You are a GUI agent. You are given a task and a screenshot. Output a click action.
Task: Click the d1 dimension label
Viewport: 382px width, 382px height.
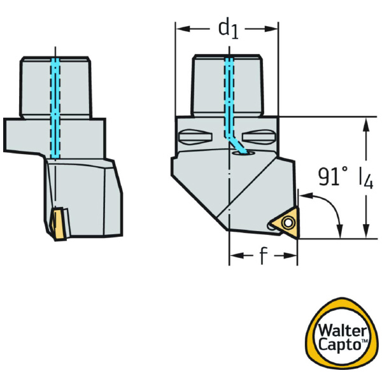228,29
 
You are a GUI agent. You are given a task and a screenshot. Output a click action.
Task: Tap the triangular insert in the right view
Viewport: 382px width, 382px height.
285,223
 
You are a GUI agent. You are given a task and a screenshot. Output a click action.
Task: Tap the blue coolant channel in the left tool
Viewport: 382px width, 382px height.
55,108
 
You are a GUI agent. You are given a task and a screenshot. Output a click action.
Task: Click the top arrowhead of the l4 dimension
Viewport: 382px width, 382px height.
365,122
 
